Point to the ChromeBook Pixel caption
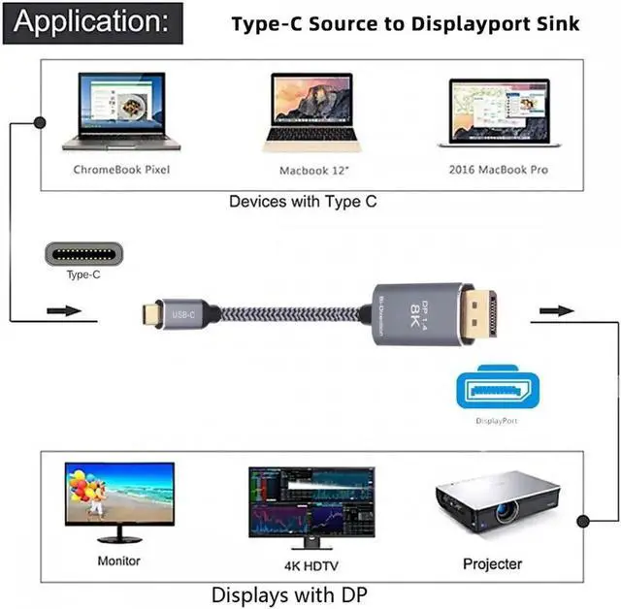(121, 170)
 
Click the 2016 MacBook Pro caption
(499, 170)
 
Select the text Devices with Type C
(303, 202)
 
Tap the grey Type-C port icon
(83, 255)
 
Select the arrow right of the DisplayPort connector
(556, 311)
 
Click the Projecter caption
(492, 563)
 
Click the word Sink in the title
(551, 23)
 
